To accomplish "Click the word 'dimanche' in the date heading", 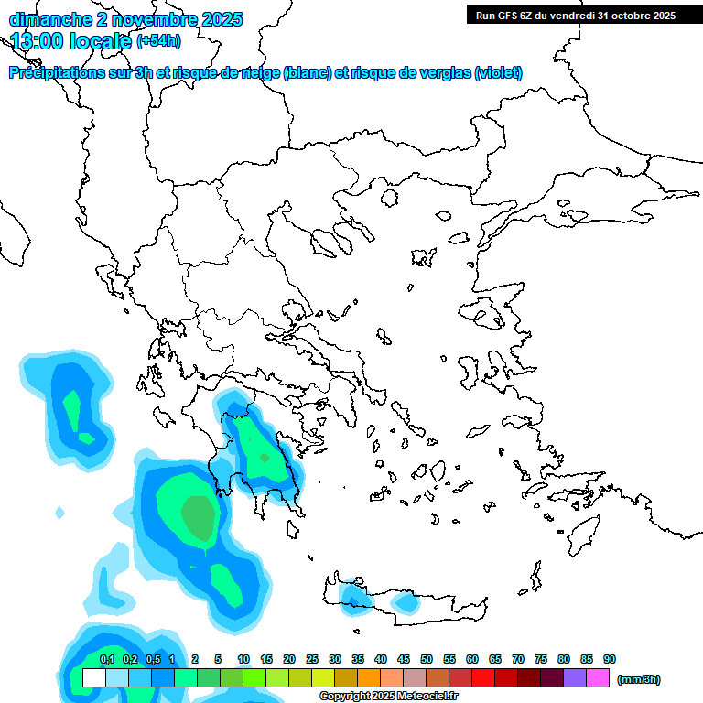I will [x=46, y=19].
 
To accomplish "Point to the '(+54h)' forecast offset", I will [x=158, y=40].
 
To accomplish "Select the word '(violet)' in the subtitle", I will [x=499, y=73].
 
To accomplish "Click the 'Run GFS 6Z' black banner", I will [x=575, y=16].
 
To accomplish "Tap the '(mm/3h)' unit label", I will [x=638, y=679].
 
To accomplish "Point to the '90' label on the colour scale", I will [x=610, y=659].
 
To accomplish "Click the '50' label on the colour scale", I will [x=427, y=659].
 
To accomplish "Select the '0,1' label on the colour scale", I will [x=106, y=659].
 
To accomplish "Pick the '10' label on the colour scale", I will [x=243, y=659].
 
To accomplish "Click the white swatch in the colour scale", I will [x=93, y=677].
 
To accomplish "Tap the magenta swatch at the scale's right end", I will [x=597, y=677].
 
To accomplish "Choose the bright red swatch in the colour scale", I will [x=482, y=677].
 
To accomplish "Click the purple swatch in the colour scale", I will [x=574, y=677].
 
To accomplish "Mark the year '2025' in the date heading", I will [x=222, y=19].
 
